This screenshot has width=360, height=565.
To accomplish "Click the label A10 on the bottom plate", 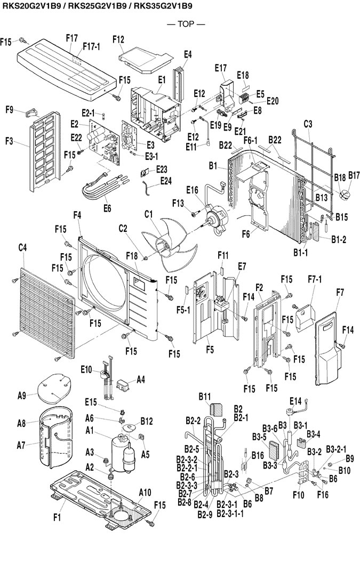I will coord(145,491).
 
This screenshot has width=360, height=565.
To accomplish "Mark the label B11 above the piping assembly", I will coord(205,397).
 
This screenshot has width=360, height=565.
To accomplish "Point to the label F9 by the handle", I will coord(10,110).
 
